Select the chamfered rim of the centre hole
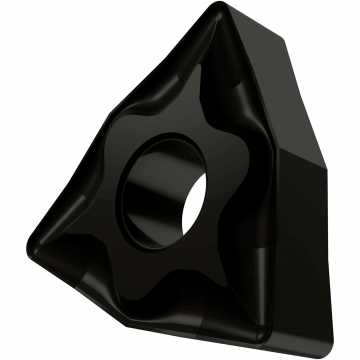click(196, 150)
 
